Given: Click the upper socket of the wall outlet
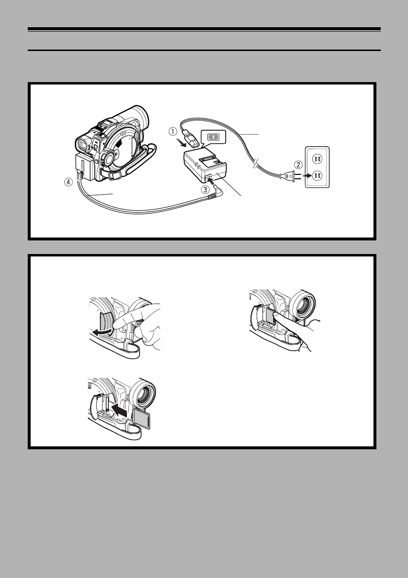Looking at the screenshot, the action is click(x=317, y=159).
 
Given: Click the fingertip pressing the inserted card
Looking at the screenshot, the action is click(x=276, y=318).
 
